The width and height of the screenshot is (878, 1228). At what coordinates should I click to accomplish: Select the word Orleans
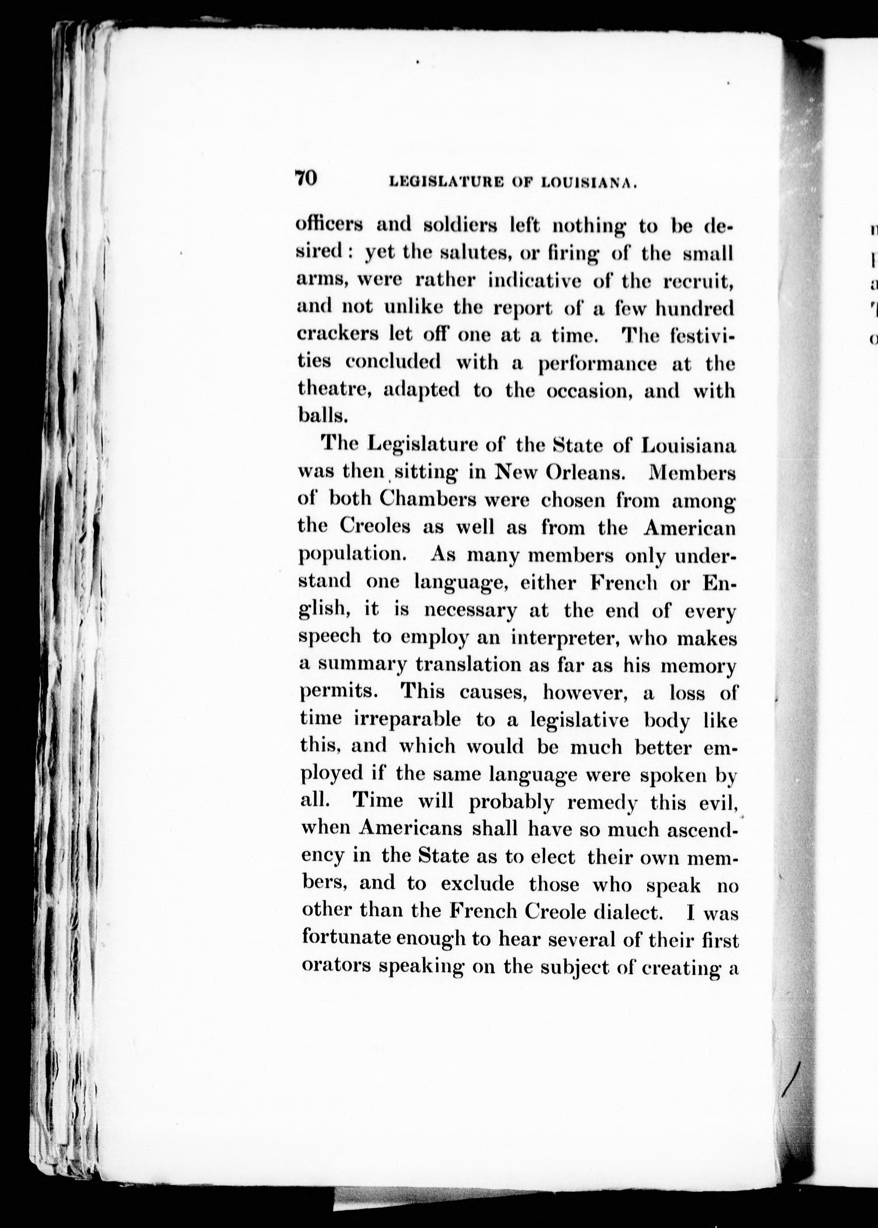(x=586, y=473)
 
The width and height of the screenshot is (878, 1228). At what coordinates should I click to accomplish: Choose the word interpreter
(x=566, y=638)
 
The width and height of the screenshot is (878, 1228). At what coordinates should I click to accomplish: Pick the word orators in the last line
(x=336, y=966)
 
